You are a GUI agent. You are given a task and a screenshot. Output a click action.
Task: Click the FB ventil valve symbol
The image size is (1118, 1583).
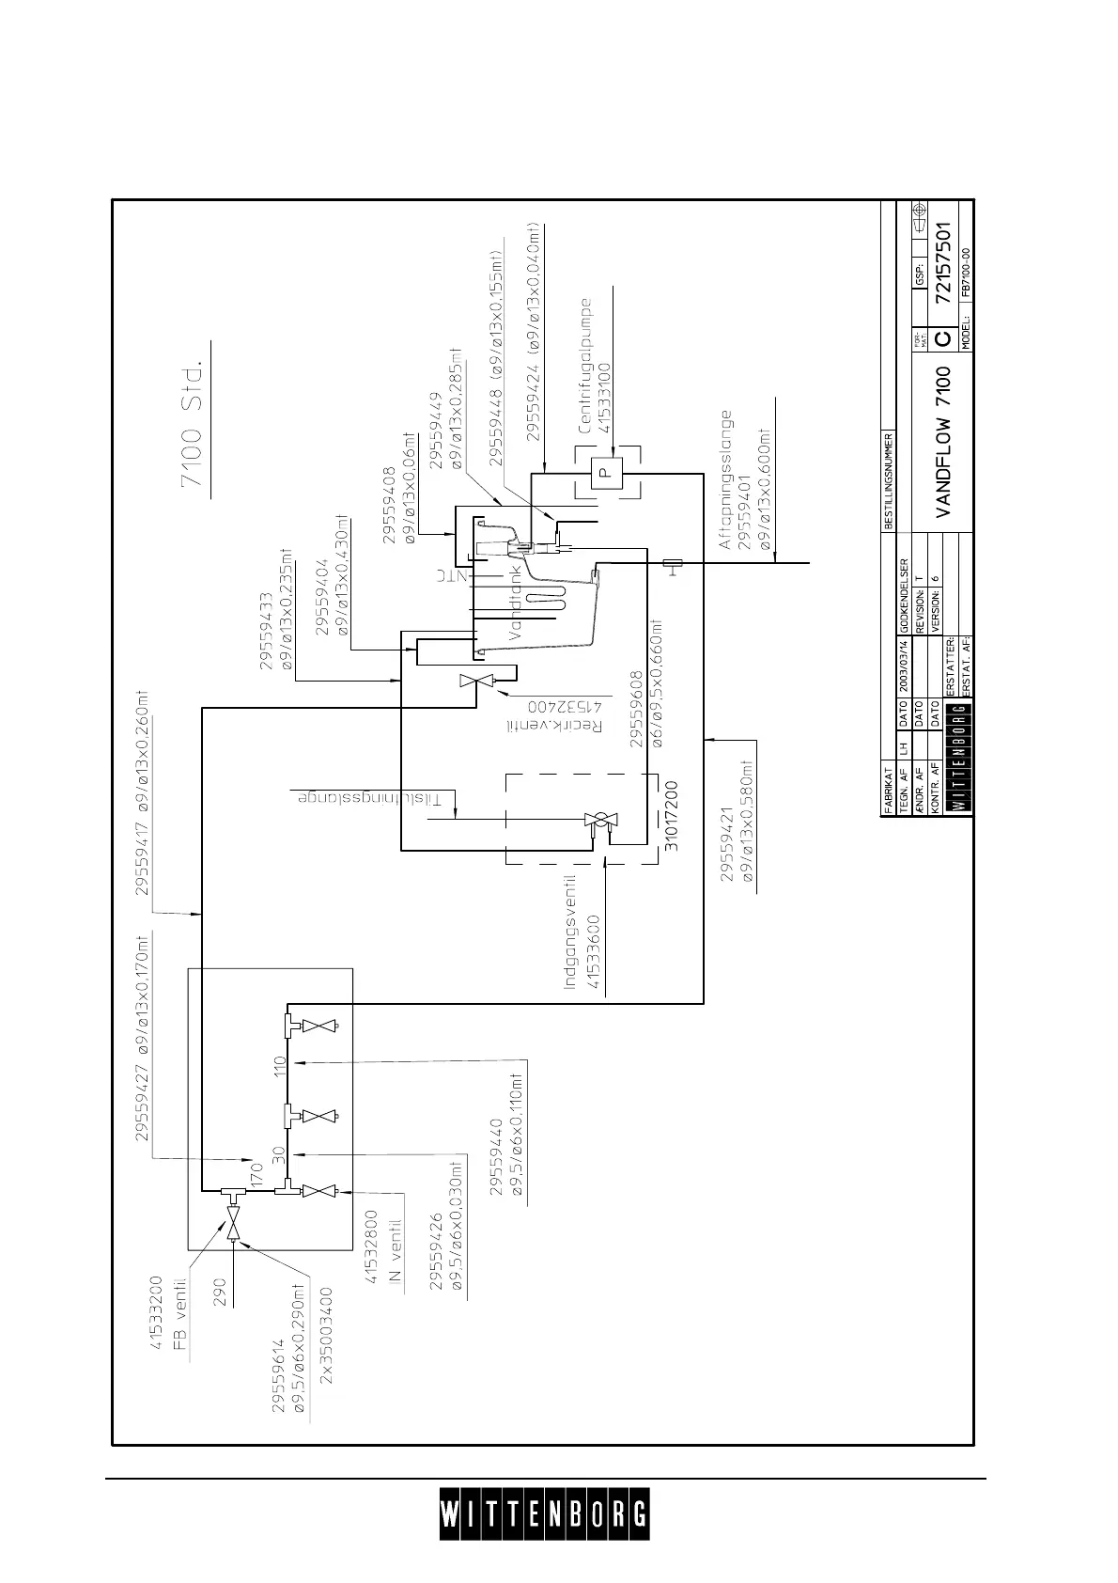coord(232,1227)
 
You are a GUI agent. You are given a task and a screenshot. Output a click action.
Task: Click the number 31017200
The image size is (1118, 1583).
coord(672,816)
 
